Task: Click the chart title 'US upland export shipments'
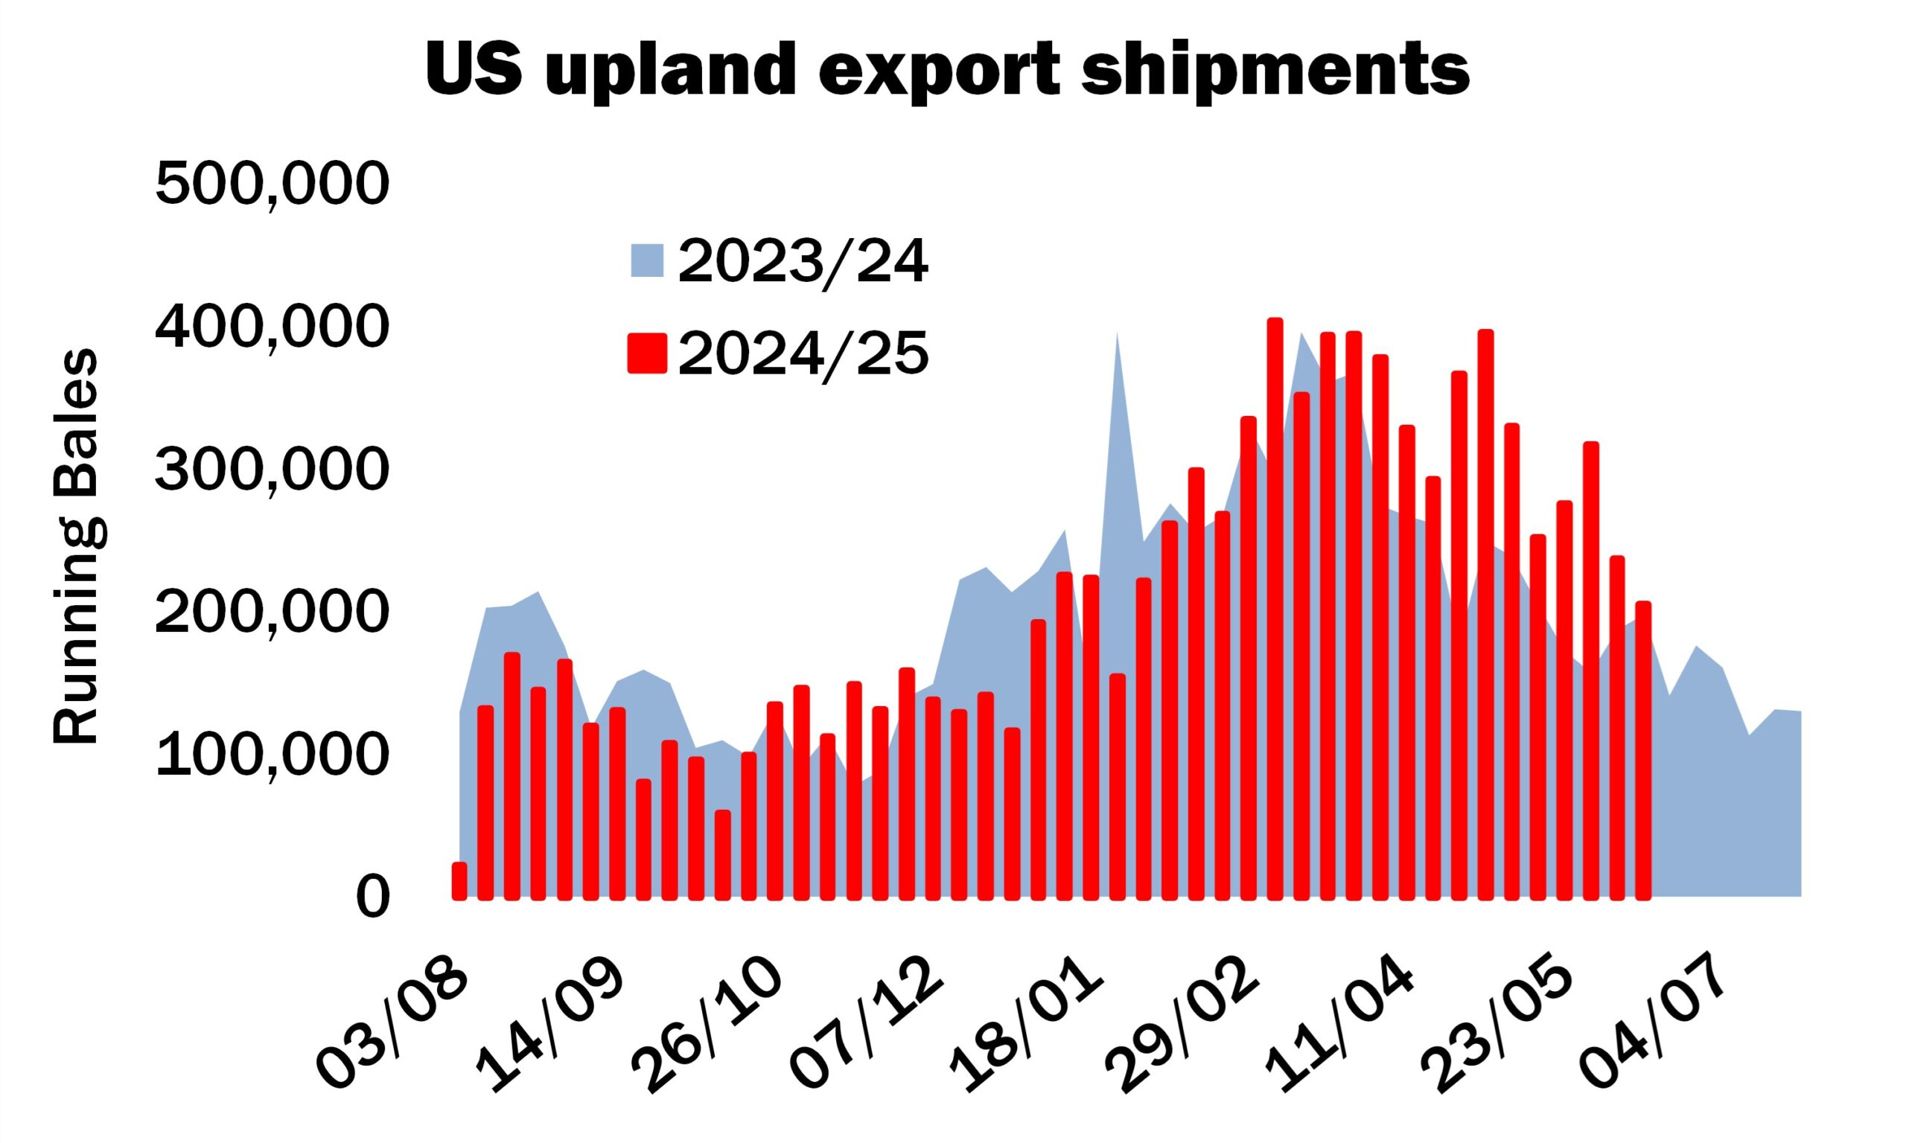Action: pos(947,68)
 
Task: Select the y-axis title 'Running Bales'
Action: pos(74,547)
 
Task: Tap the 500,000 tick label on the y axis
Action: pos(272,185)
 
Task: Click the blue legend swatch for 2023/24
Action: pos(647,260)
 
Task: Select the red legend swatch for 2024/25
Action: pos(647,353)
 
